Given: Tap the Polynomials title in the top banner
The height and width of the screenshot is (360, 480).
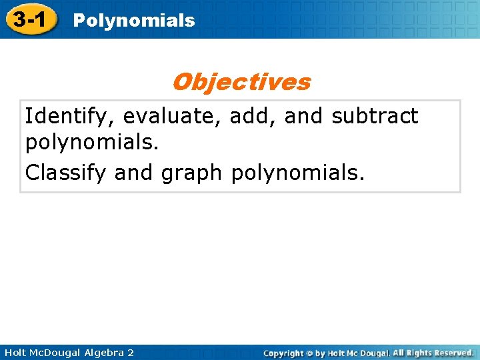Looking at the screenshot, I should [133, 21].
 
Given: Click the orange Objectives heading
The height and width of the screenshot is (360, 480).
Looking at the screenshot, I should [241, 82].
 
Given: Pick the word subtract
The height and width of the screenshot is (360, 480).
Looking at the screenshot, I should [375, 116].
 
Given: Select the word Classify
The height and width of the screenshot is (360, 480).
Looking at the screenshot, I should [67, 173].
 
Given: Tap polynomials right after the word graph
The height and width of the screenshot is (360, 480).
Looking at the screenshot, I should [297, 173].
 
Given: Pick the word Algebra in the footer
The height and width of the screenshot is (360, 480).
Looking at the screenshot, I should [105, 352].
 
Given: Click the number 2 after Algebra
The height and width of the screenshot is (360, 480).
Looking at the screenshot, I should [130, 352].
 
